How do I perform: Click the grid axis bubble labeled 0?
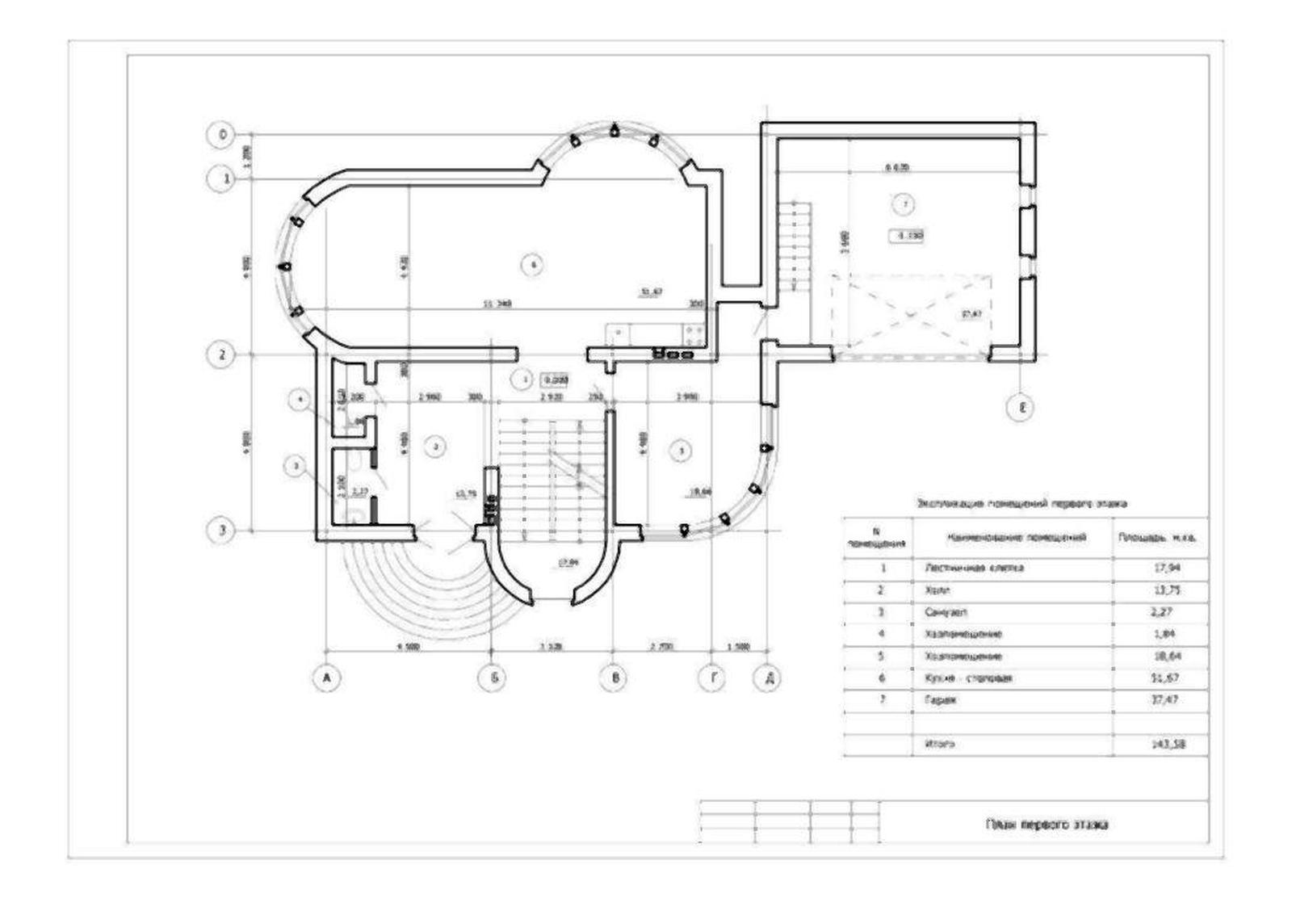(x=222, y=134)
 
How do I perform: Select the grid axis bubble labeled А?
(x=326, y=678)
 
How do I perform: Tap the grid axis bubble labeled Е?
(x=1021, y=407)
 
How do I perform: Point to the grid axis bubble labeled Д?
(x=766, y=678)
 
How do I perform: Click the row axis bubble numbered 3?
(x=222, y=531)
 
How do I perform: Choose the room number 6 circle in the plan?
(x=531, y=264)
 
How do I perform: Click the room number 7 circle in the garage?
(x=904, y=204)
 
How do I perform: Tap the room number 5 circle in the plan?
(x=682, y=451)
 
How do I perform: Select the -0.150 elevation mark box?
(x=907, y=236)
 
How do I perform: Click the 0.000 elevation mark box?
(x=554, y=379)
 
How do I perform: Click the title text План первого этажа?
(x=1046, y=825)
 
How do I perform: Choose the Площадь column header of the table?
(x=1156, y=537)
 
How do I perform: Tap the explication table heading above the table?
(x=1021, y=503)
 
